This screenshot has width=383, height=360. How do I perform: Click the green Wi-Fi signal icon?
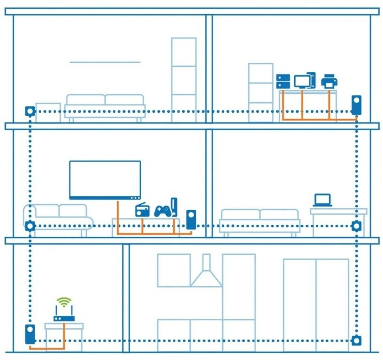tap(64, 302)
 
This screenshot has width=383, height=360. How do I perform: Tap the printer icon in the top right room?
tap(329, 82)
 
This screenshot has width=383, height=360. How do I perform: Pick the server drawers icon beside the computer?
tap(283, 82)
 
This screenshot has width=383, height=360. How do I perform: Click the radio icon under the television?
tap(142, 210)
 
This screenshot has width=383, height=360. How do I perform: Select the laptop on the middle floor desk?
tap(323, 200)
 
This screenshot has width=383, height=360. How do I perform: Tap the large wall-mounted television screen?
tap(105, 180)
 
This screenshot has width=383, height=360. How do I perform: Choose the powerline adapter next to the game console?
tap(191, 220)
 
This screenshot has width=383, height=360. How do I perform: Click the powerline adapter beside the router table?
tap(30, 334)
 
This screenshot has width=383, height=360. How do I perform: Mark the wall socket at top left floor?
tap(30, 111)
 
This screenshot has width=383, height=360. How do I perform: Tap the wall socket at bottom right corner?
tap(356, 340)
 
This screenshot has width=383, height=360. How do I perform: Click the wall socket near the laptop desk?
tap(356, 225)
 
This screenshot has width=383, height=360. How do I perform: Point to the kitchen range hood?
tap(206, 275)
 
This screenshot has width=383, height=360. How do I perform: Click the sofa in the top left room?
tap(105, 107)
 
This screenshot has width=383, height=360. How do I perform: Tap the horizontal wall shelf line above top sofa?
tap(105, 62)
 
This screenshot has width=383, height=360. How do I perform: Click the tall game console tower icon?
tap(174, 207)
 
